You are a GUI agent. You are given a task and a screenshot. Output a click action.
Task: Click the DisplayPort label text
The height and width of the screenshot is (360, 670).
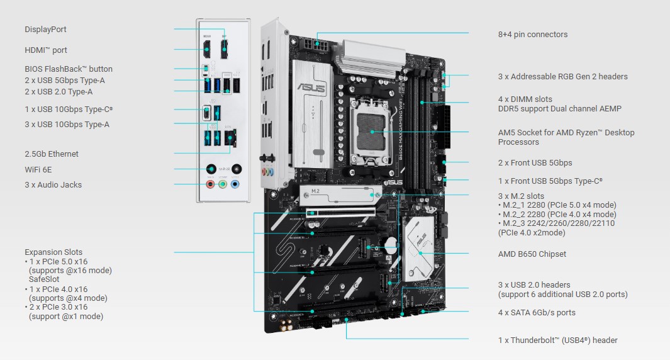point(45,30)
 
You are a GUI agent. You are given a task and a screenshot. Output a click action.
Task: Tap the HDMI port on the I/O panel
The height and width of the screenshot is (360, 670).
point(207,48)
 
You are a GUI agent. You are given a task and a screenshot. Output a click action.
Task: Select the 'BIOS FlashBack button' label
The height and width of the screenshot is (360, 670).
point(69,69)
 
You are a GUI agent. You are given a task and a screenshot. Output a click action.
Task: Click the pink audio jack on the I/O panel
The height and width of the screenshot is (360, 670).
point(210,184)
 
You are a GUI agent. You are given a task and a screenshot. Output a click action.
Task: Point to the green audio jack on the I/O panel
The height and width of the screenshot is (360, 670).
point(223,184)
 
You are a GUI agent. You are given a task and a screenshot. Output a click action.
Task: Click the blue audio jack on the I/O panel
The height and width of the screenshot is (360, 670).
point(235,184)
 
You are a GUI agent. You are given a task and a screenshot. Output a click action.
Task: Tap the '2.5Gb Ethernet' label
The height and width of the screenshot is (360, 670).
point(52,154)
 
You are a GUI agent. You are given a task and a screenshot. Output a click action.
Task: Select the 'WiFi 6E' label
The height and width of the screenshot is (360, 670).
point(38,170)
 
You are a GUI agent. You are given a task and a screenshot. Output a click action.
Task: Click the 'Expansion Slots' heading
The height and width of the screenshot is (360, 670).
point(53,252)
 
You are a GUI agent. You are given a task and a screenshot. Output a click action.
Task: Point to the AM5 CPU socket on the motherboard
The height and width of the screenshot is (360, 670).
point(371,132)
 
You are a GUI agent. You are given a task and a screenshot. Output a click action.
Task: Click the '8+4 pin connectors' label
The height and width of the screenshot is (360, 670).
point(533,35)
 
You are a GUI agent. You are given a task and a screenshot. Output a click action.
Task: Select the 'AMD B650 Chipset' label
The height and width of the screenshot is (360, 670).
point(532,254)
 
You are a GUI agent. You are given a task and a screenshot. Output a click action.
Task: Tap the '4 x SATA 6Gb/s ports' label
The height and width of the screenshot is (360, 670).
point(537,313)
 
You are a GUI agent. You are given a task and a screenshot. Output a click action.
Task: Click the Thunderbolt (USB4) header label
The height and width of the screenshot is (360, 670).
point(557,340)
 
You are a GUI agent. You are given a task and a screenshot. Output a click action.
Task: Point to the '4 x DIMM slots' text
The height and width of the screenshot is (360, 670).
point(525,99)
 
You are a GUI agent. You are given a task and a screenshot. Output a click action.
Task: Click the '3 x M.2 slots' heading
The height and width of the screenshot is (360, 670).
point(521,196)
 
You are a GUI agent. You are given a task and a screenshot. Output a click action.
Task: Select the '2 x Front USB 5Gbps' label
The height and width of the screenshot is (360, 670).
point(535,163)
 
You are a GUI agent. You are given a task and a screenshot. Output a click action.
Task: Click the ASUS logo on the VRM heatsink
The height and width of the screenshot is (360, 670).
point(311,87)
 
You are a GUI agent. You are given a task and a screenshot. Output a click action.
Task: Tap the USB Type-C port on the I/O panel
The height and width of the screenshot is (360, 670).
point(207,113)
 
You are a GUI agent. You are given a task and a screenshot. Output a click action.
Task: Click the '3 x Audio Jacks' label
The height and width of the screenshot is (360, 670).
point(53,184)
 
